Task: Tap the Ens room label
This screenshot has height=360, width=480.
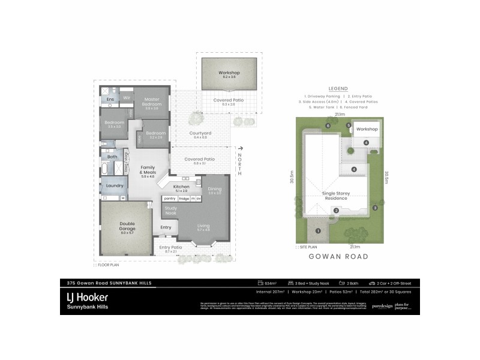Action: (x=110, y=99)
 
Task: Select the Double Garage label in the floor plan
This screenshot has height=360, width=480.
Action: (x=127, y=226)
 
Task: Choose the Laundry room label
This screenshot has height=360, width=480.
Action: (x=114, y=185)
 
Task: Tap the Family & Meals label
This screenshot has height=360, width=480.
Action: (x=148, y=170)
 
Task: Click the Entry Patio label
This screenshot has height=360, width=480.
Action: (x=171, y=248)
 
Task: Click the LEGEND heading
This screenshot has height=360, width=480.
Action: (x=338, y=88)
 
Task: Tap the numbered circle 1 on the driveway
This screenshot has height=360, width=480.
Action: (x=318, y=231)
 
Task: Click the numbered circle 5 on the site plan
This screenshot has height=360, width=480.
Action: (x=349, y=125)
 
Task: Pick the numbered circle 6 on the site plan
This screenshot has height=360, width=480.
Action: (x=328, y=125)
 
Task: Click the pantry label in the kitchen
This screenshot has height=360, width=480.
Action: (x=170, y=198)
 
